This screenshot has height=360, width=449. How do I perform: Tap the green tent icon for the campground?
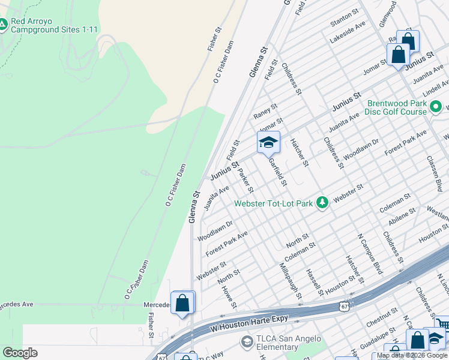click(3, 25)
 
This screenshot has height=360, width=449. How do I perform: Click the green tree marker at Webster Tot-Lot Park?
click(322, 203)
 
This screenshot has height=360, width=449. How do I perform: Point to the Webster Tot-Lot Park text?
click(274, 203)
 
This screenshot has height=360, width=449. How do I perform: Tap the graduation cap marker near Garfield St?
click(268, 142)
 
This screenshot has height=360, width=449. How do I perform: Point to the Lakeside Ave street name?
click(348, 33)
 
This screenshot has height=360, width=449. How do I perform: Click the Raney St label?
click(265, 110)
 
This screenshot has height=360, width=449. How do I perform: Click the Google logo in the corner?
click(20, 353)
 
